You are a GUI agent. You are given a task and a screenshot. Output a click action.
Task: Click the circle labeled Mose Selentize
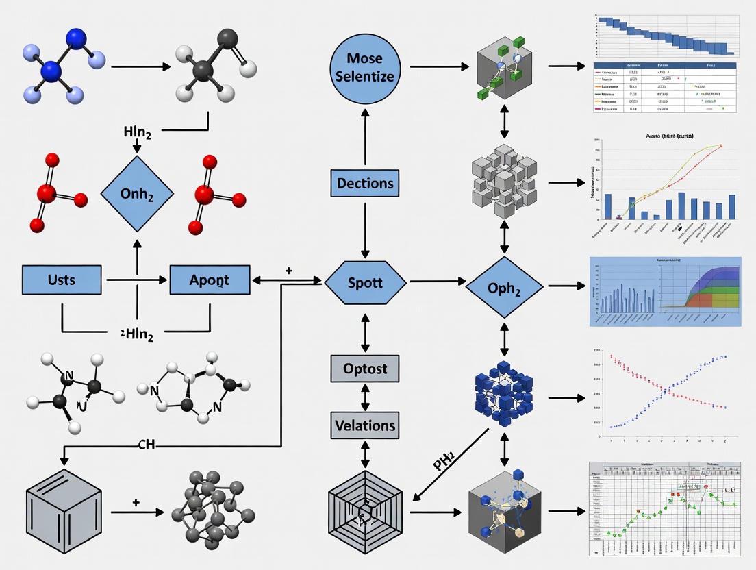tap(365, 67)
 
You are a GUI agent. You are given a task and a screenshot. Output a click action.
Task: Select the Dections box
tap(365, 184)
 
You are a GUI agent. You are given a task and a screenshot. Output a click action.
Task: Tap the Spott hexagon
tap(365, 282)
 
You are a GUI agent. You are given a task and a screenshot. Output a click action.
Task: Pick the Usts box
tap(62, 280)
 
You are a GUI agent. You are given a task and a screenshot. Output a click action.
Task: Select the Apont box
tap(209, 280)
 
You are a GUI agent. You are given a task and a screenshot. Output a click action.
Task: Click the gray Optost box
tap(365, 369)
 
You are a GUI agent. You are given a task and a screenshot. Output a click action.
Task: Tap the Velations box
tap(365, 425)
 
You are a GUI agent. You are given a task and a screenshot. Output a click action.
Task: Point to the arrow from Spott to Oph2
tap(436, 282)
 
